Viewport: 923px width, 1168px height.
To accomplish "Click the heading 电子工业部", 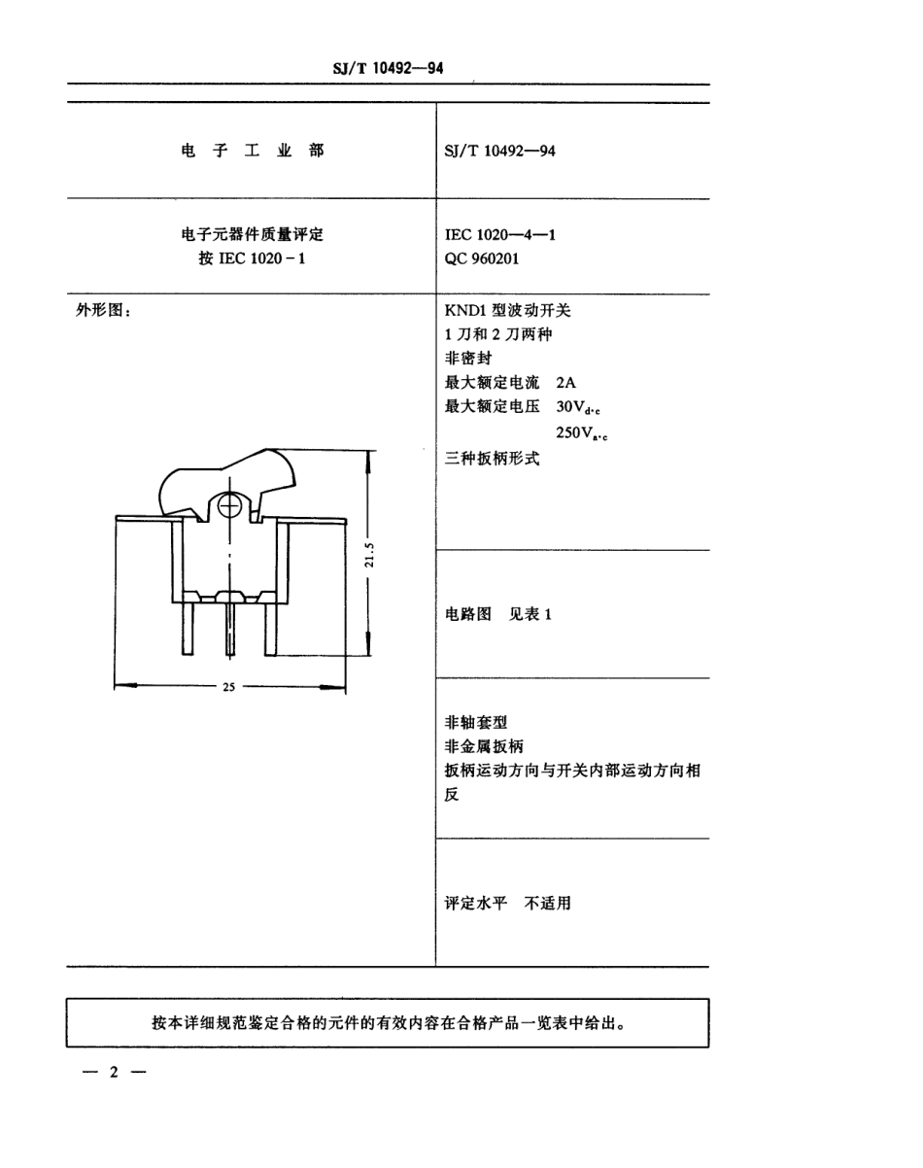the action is (x=252, y=151).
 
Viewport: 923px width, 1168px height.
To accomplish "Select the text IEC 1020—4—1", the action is (x=500, y=234).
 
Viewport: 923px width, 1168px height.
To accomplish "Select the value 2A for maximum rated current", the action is (x=567, y=383).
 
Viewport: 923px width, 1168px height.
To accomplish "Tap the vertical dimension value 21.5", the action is (x=368, y=559).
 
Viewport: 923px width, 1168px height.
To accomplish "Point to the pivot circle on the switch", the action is (x=230, y=506).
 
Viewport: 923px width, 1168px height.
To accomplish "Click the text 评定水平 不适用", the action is (x=508, y=903).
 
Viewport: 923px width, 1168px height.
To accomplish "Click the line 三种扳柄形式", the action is (x=492, y=458).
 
